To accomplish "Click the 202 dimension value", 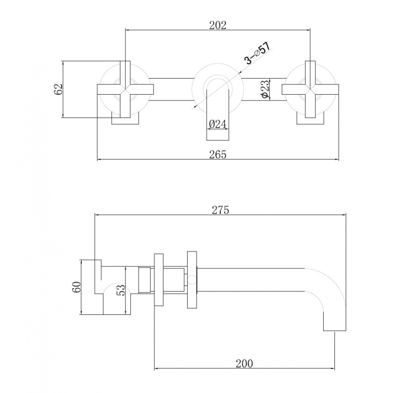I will tap(218, 25).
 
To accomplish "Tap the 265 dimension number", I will tap(218, 155).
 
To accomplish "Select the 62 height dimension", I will tap(58, 89).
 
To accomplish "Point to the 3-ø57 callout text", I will tap(258, 53).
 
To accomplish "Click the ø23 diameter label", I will tap(266, 89).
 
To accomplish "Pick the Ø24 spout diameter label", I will tap(217, 124).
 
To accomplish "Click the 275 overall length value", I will tap(220, 210).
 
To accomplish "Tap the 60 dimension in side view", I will tap(76, 287).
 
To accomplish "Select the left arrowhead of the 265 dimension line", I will tap(98, 160).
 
